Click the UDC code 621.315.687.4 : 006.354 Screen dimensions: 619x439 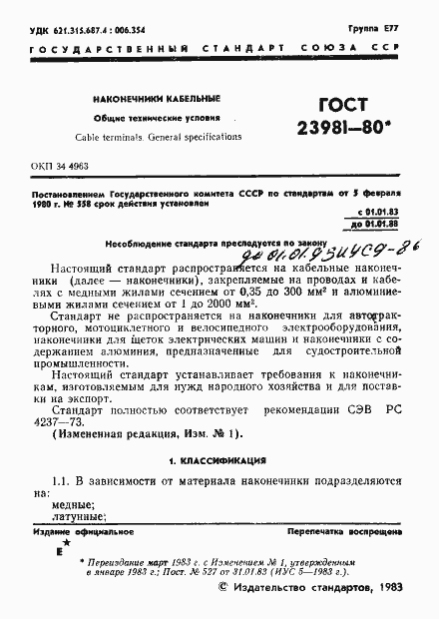(x=78, y=30)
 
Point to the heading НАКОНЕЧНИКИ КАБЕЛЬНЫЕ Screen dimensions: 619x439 (x=150, y=100)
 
